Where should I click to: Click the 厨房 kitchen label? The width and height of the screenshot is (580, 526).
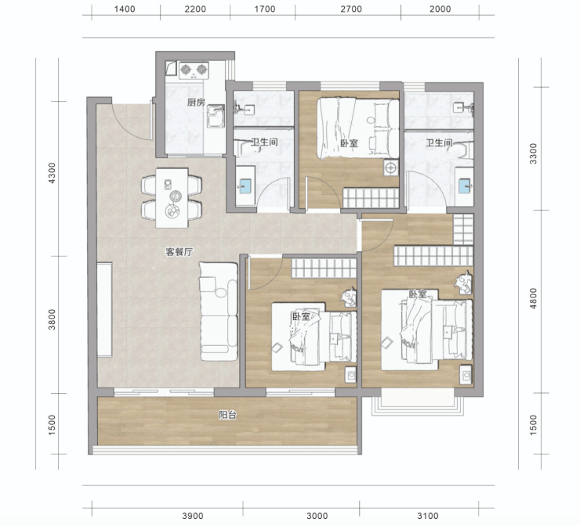(x=196, y=103)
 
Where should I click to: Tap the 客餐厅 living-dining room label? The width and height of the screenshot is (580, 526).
(x=179, y=252)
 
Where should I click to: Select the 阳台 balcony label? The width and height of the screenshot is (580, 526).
(x=227, y=415)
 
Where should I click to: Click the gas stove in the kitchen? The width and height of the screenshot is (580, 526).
(x=193, y=70)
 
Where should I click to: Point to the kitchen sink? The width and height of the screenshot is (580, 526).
(x=216, y=116)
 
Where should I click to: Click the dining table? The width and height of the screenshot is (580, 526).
(x=172, y=198)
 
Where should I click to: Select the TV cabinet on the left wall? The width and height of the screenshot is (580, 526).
(x=105, y=309)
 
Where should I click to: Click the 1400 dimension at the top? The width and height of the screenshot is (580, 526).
(x=125, y=9)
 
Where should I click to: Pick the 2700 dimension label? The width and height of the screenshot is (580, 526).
(x=351, y=9)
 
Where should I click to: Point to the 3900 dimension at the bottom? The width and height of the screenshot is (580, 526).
(x=193, y=516)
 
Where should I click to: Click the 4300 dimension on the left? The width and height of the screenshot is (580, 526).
(x=52, y=173)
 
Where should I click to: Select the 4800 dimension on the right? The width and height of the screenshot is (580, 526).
(x=533, y=298)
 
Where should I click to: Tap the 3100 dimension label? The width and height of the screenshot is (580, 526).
(x=428, y=516)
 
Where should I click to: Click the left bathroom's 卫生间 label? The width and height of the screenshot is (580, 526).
(x=264, y=142)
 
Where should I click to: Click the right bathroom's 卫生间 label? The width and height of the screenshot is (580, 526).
(x=439, y=143)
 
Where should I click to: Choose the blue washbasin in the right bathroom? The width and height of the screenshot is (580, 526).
(x=464, y=186)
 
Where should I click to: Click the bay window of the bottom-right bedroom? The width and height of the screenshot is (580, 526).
(x=418, y=405)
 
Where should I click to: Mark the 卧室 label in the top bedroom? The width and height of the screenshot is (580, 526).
(x=350, y=143)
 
